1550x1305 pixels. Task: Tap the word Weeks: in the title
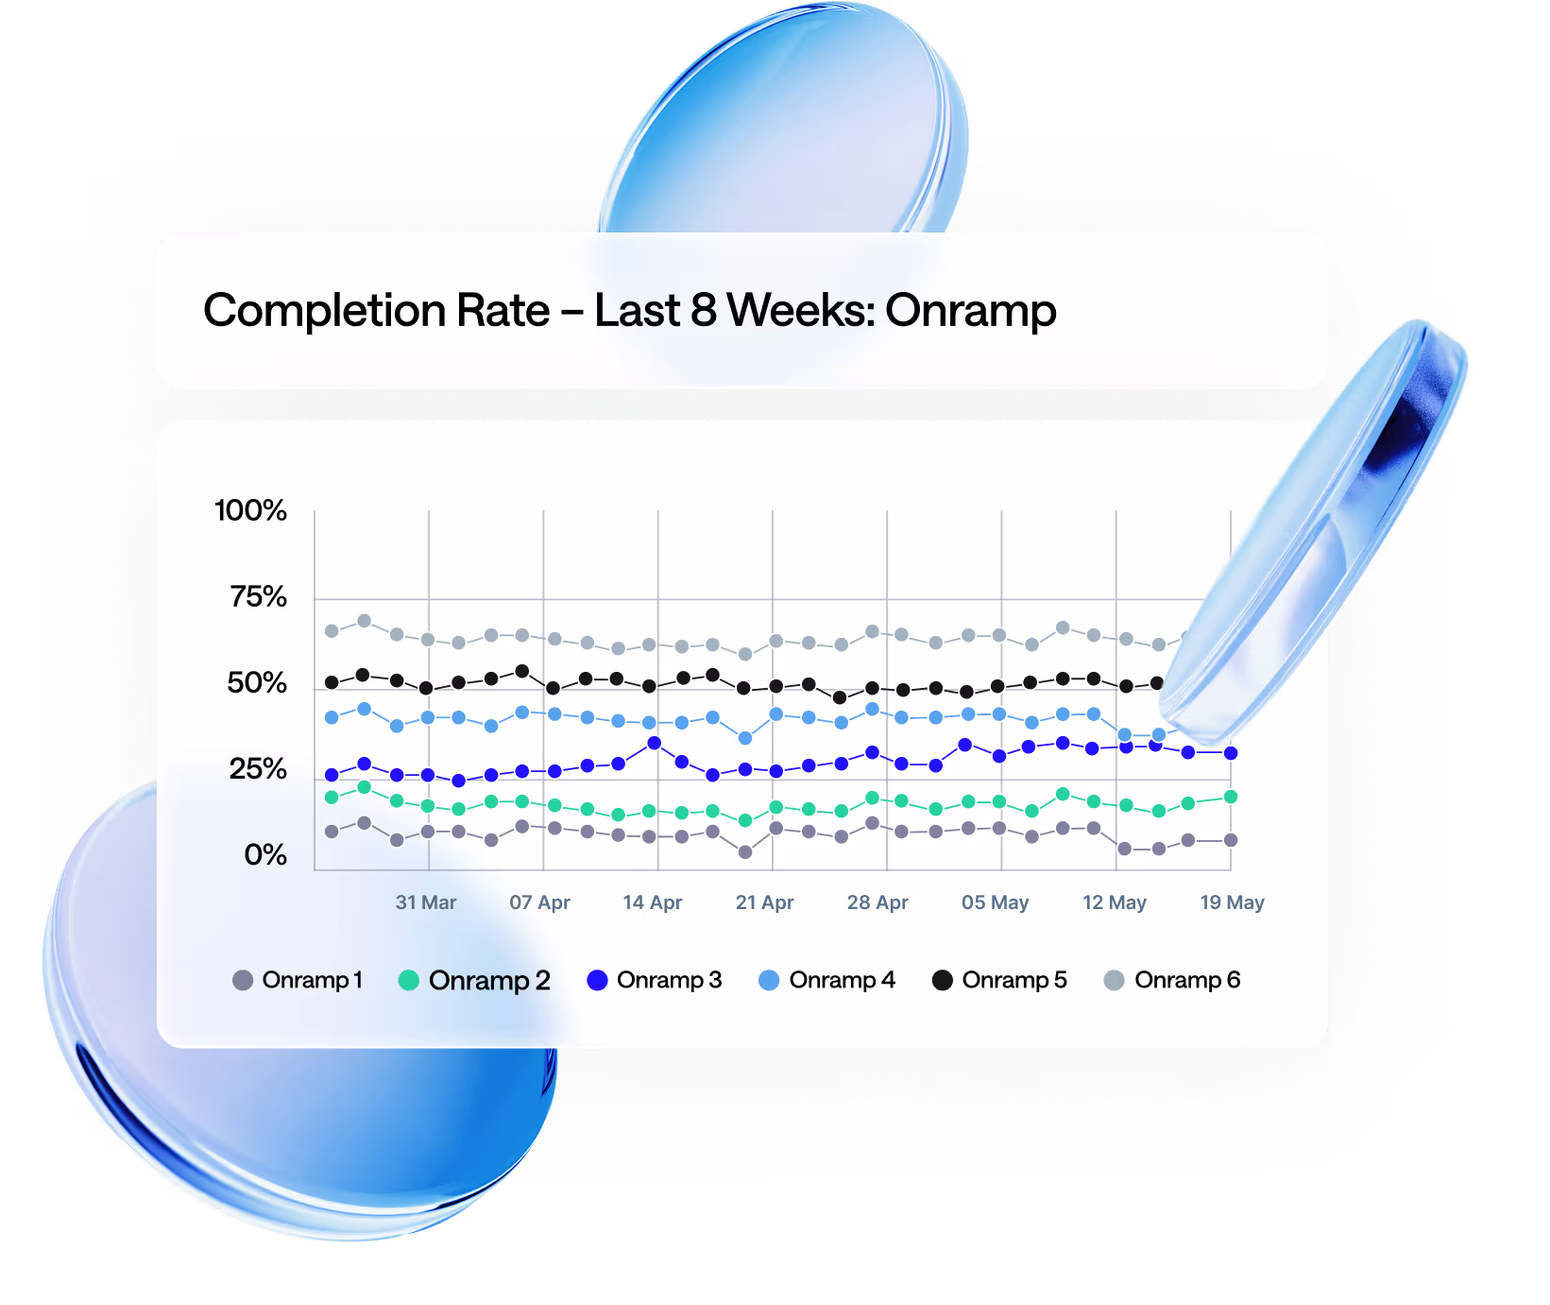click(x=802, y=311)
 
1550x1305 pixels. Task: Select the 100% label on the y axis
click(x=250, y=511)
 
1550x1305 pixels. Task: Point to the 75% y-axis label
click(x=258, y=597)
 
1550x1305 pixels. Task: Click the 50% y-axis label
click(x=257, y=683)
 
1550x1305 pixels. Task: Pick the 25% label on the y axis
click(x=258, y=769)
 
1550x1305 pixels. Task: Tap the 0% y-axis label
click(x=265, y=855)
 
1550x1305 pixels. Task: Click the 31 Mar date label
click(x=426, y=902)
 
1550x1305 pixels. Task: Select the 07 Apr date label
click(x=540, y=902)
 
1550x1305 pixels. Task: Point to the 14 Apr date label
click(x=653, y=902)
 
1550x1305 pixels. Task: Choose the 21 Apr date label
click(x=765, y=902)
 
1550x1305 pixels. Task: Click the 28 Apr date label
click(x=877, y=902)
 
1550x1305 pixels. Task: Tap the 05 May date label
click(x=996, y=902)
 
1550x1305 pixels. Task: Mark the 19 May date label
click(x=1232, y=902)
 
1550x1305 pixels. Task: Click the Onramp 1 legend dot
click(x=243, y=980)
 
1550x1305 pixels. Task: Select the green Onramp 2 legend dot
click(x=409, y=980)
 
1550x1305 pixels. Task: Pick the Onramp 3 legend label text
click(x=669, y=980)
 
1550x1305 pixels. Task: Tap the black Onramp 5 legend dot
click(x=942, y=980)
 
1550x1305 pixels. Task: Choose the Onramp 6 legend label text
click(x=1187, y=980)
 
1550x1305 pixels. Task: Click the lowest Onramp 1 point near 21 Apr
click(x=745, y=851)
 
